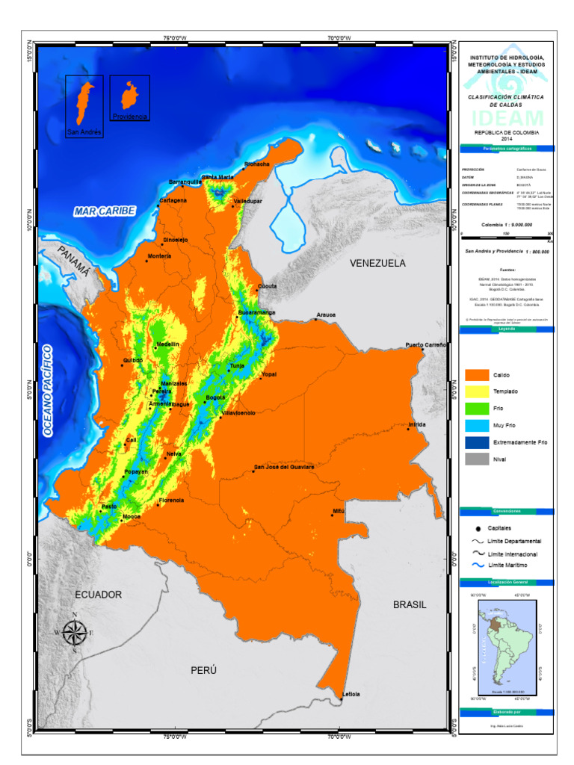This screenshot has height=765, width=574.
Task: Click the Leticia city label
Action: point(351,694)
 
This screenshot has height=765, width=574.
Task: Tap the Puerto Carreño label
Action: point(426,344)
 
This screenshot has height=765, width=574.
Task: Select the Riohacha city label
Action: point(256,164)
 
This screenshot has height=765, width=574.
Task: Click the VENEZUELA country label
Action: point(377,263)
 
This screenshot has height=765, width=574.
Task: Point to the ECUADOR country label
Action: point(98,594)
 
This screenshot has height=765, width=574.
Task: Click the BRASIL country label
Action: point(410,604)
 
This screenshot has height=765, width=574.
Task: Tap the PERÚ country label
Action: point(203,670)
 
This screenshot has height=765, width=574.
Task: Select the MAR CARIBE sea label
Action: point(105,211)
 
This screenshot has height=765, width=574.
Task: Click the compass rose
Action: point(73,632)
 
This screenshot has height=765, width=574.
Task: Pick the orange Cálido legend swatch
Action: point(477,374)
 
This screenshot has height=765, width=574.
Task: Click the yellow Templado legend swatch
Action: point(477,391)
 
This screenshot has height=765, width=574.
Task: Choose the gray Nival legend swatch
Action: point(477,459)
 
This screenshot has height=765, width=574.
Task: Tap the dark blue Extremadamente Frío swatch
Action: point(477,442)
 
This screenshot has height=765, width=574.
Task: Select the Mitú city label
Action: point(339,510)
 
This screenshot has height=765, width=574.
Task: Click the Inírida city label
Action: point(417,424)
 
